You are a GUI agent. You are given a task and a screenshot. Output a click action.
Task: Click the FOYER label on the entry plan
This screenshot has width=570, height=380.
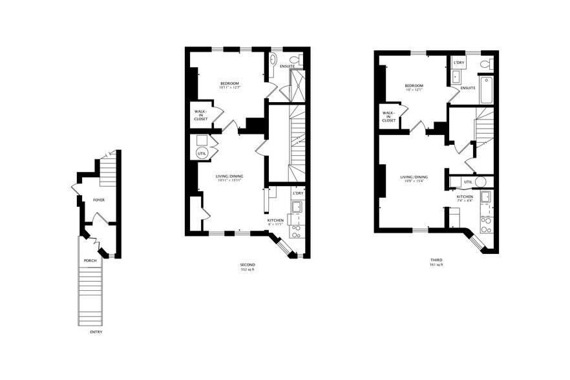coord(98,200)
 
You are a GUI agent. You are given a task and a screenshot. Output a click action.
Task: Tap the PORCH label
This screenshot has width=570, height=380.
coord(90,261)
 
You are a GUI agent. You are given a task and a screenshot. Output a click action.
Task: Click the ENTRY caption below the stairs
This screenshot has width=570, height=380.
coord(96,332)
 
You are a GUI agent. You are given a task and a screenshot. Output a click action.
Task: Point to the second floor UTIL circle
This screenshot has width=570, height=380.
coord(202,153)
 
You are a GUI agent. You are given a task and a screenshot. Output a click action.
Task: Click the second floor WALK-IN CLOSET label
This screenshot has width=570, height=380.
coord(201,115)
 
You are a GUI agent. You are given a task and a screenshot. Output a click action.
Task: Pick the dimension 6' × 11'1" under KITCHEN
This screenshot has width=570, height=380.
coord(275,225)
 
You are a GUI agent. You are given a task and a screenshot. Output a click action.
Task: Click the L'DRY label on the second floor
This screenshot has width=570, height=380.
coord(298,193)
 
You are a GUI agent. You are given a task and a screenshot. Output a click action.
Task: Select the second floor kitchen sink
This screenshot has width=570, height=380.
coord(297,207)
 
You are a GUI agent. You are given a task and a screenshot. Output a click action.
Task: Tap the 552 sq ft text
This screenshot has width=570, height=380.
coord(248,270)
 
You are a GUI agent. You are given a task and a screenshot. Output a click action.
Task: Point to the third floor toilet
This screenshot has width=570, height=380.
coord(489,63)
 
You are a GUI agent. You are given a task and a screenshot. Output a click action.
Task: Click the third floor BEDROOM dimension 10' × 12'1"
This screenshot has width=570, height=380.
coord(414,90)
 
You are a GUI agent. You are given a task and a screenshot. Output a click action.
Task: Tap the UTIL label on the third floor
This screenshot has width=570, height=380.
coord(468,182)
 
